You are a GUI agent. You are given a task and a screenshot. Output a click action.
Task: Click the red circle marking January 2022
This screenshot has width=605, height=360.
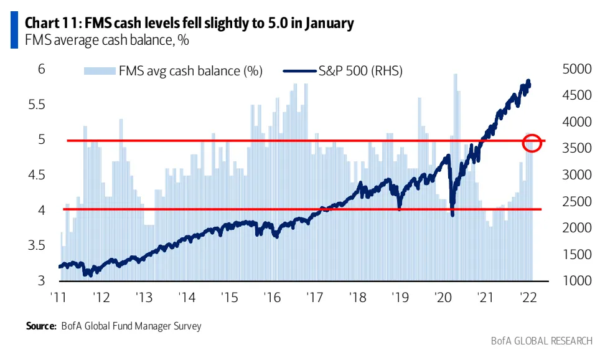click(x=532, y=143)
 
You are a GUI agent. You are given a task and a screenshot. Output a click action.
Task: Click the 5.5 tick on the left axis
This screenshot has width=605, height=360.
click(x=36, y=105)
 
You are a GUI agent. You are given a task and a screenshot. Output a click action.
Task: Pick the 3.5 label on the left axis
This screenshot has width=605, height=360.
click(x=36, y=246)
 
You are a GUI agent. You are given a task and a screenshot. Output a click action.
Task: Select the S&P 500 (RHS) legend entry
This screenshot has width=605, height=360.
click(x=342, y=71)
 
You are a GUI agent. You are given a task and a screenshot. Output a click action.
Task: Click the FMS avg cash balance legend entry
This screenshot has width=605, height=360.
click(x=174, y=71)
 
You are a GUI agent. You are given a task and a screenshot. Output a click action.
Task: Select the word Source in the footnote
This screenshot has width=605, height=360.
click(x=40, y=326)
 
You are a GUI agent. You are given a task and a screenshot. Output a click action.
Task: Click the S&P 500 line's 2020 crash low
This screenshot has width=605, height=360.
click(x=452, y=215)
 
